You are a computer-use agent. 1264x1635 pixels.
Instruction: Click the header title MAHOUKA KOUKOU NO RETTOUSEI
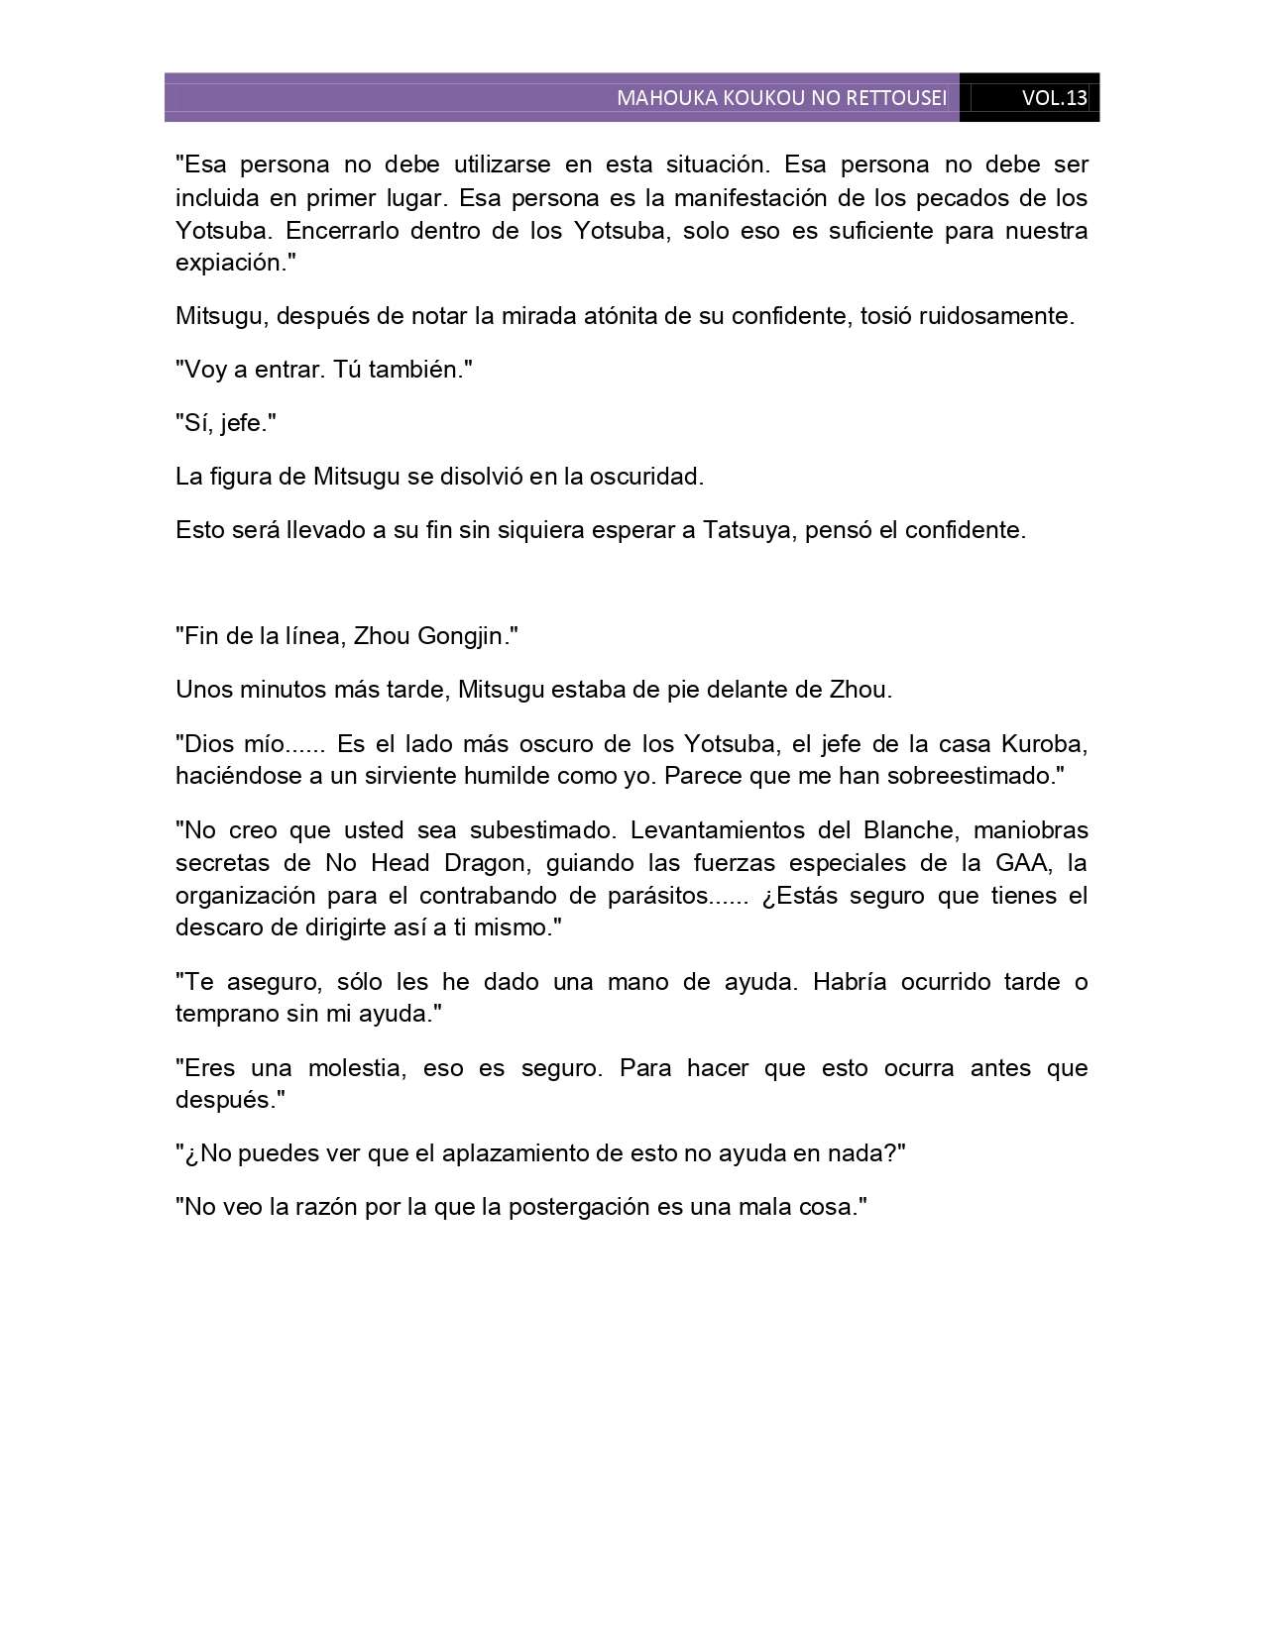coord(781,98)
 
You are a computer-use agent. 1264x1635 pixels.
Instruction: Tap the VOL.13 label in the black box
coord(1054,98)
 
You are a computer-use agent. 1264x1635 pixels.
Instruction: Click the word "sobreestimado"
coord(971,775)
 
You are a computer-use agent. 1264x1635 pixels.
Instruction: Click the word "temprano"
coord(222,1014)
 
